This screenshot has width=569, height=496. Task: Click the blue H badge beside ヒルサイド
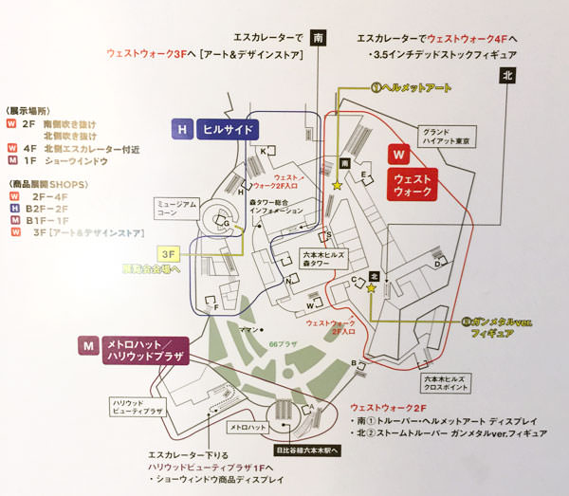click(x=181, y=129)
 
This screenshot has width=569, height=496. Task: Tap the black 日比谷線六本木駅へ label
click(x=304, y=450)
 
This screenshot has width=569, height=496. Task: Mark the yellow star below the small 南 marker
click(x=338, y=185)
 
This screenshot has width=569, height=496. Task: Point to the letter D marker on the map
click(x=435, y=266)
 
